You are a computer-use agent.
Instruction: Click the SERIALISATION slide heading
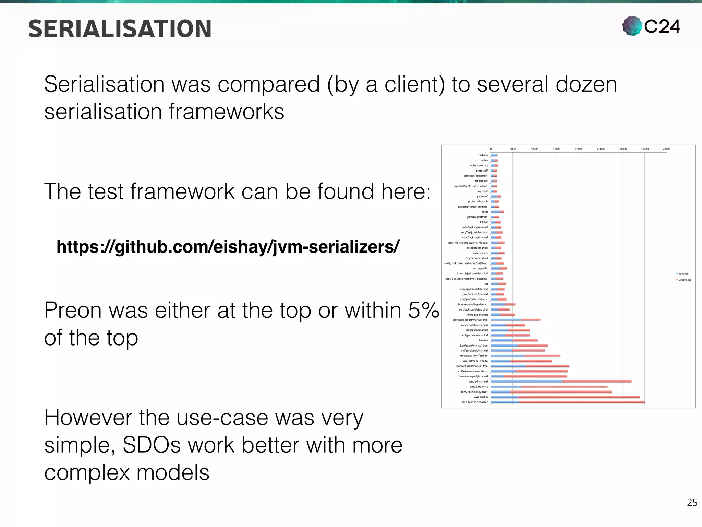pos(120,29)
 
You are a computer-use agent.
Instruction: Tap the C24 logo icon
pos(632,26)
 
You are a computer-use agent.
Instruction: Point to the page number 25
pos(692,503)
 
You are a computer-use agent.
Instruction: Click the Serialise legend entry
pos(683,274)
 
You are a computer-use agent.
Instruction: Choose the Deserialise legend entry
pos(684,280)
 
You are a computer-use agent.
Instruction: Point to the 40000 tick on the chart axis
pos(666,149)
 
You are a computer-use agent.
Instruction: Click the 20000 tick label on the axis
pos(579,149)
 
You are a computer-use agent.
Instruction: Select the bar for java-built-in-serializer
pos(567,402)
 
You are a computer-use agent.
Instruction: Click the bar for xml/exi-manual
pos(561,382)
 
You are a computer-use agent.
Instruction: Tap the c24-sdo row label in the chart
pos(483,155)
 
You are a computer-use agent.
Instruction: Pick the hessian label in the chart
pos(483,340)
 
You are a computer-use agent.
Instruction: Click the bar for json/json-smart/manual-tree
pos(515,320)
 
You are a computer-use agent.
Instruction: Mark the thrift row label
pos(485,212)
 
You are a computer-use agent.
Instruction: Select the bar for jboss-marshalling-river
pos(551,392)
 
